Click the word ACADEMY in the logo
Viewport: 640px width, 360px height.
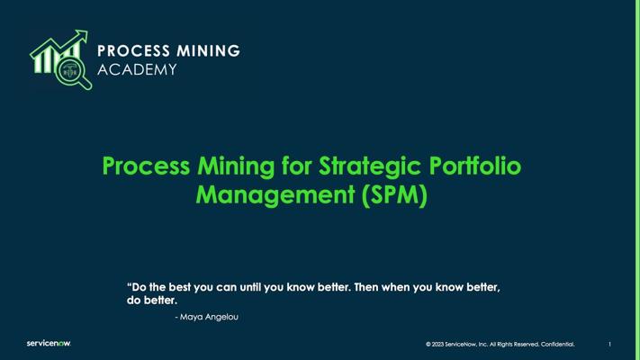click(x=137, y=69)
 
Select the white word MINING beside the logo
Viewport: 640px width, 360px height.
click(x=209, y=51)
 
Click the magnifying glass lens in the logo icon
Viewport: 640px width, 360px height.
click(x=70, y=71)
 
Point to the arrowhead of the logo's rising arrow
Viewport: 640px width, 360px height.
click(x=81, y=36)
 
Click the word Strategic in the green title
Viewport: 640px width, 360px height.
click(x=370, y=166)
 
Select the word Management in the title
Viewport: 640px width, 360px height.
click(x=275, y=194)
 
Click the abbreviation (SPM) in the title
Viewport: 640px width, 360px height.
click(x=394, y=194)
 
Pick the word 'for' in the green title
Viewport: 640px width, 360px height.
click(x=296, y=166)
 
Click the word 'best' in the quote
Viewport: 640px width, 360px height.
click(x=180, y=287)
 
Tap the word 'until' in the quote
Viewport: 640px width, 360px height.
click(x=250, y=287)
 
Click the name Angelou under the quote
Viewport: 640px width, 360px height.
click(x=221, y=317)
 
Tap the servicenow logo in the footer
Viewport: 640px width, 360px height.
click(x=49, y=343)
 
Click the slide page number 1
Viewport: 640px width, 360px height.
click(x=609, y=344)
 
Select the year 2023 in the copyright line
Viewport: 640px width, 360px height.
click(x=437, y=344)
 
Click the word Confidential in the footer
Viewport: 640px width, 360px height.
click(x=557, y=344)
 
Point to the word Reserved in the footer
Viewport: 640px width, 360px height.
click(x=527, y=344)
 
